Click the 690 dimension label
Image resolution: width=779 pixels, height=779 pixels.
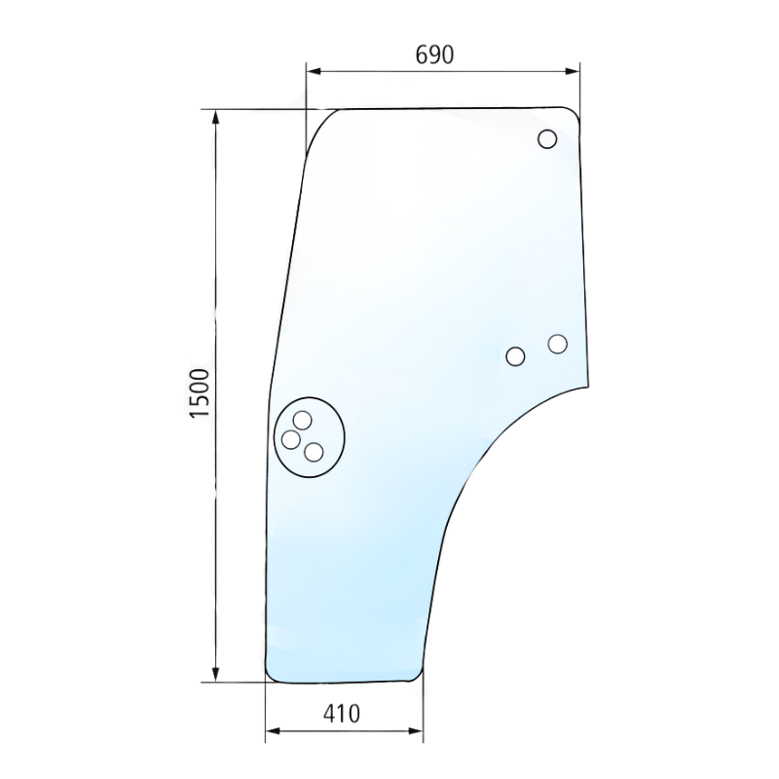pos(434,55)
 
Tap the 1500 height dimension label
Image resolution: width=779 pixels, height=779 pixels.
pos(201,393)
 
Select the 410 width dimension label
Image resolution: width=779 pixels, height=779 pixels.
pos(342,714)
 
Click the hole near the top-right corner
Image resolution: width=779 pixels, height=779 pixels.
pos(547,139)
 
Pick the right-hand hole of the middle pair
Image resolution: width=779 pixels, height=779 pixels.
pos(558,344)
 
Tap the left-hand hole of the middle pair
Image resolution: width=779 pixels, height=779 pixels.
pos(515,356)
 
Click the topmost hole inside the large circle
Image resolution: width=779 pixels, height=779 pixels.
pos(302,421)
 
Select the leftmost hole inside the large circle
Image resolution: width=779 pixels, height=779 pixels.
pos(290,440)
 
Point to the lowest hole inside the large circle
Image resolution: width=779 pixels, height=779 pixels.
pos(314,453)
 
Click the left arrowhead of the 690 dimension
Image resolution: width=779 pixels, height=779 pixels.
pos(313,71)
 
